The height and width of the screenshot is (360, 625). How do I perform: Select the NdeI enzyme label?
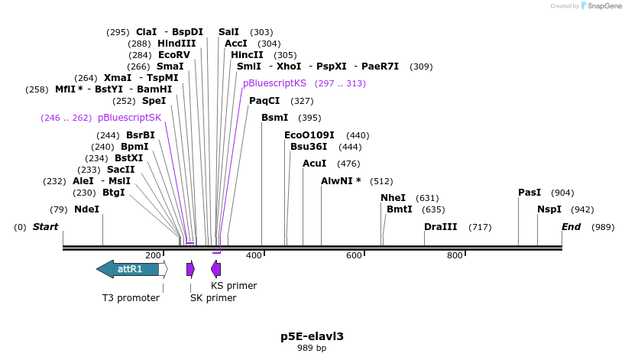(86, 209)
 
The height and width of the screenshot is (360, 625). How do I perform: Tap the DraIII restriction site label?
(441, 227)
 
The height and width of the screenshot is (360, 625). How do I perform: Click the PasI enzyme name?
(529, 193)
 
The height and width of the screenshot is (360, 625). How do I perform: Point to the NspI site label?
(549, 209)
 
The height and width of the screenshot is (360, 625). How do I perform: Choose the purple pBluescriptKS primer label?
(274, 83)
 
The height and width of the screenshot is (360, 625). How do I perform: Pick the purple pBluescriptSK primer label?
(129, 118)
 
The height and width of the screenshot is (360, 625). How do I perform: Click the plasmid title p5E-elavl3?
(312, 336)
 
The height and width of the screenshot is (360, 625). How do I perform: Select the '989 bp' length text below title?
(312, 349)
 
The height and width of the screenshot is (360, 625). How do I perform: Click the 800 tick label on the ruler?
(455, 255)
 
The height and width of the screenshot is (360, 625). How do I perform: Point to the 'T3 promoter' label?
(131, 297)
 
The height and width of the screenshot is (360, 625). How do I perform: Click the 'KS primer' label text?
(234, 286)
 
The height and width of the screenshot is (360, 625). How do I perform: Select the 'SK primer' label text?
(213, 297)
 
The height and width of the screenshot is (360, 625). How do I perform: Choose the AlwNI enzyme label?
(341, 181)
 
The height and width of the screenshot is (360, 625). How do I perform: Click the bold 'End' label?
(571, 227)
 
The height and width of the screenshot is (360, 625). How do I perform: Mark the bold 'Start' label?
(45, 227)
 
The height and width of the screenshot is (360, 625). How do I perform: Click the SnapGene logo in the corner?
(601, 6)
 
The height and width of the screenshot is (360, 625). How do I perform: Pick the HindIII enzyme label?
(176, 44)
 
